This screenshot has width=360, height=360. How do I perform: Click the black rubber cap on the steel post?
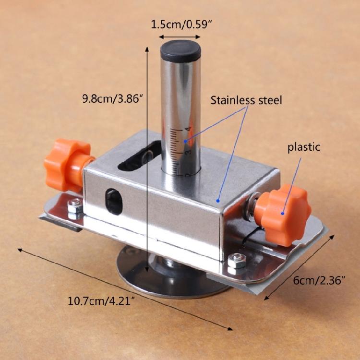tap(180, 51)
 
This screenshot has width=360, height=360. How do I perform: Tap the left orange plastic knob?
tap(68, 165)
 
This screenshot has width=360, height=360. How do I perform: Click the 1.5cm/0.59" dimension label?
tap(181, 24)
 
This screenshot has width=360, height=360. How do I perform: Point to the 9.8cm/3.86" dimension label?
tap(113, 99)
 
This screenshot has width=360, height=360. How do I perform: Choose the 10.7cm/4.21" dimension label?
tap(101, 301)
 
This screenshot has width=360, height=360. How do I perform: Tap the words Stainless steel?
tap(246, 100)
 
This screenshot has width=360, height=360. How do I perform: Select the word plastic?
tap(304, 147)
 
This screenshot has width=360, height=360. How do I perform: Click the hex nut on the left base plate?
tap(75, 206)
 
